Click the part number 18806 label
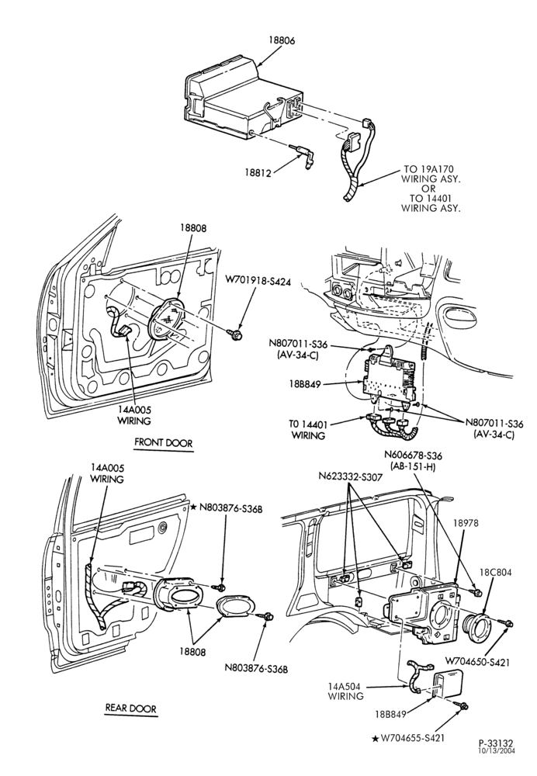point(282,41)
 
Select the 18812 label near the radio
point(258,172)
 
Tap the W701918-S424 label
point(258,281)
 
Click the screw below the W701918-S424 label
point(237,334)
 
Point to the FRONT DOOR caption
point(163,442)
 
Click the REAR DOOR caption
point(130,708)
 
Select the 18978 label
point(466,523)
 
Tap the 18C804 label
point(495,573)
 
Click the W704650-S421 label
point(477,662)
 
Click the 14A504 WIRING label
point(346,691)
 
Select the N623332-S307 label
point(351,476)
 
